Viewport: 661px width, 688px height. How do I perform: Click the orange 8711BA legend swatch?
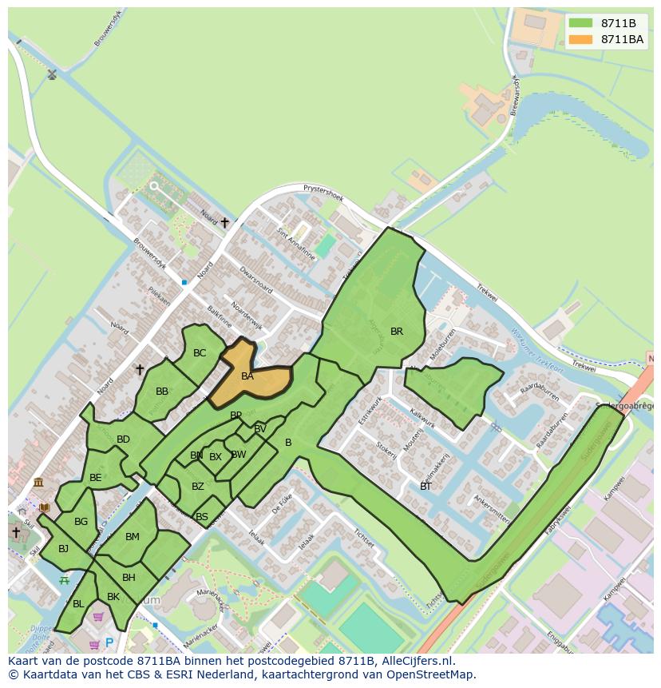point(581,39)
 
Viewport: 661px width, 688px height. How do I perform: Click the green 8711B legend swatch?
point(581,23)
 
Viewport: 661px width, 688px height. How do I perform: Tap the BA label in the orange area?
point(247,376)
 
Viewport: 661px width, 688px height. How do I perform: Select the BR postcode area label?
point(397,332)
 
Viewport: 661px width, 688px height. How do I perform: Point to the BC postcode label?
point(200,353)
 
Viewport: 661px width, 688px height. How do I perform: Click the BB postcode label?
point(162,392)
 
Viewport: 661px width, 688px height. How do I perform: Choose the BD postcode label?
point(123,439)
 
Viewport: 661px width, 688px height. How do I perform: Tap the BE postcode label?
point(96,478)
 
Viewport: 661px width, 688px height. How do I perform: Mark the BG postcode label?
point(81,522)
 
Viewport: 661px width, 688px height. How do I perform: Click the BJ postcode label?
point(63,549)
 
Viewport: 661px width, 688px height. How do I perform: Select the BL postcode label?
point(78,604)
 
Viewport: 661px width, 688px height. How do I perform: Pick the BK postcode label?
point(113,597)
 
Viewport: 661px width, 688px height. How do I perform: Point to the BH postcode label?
point(129,578)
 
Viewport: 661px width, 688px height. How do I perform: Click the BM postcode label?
point(133,537)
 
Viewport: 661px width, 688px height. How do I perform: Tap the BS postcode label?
point(202,517)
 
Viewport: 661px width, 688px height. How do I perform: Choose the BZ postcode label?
point(198,487)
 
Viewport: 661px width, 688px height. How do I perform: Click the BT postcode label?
point(425,486)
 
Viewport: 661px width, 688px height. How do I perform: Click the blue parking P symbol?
point(109,642)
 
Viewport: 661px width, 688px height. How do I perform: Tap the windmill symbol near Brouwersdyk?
point(52,75)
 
